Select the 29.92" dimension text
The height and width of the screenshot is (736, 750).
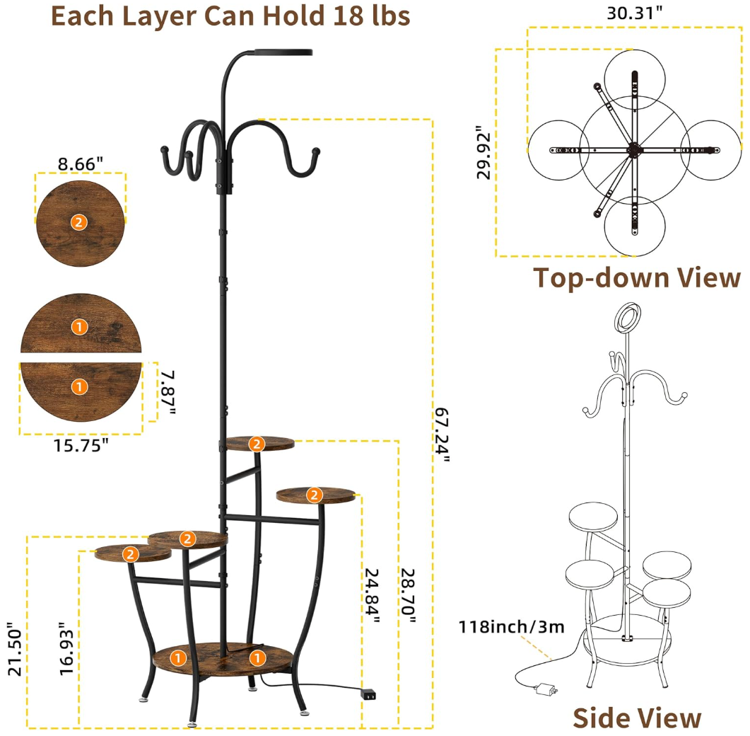click(484, 153)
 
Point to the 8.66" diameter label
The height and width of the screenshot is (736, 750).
click(81, 163)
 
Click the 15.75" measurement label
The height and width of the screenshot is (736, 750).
click(81, 445)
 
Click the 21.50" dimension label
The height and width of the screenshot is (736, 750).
click(14, 649)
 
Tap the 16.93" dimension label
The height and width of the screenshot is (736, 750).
click(66, 649)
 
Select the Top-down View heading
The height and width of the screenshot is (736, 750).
click(637, 278)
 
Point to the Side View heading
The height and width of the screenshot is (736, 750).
click(637, 717)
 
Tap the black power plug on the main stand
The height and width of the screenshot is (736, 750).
click(368, 695)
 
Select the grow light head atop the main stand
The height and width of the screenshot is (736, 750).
click(283, 52)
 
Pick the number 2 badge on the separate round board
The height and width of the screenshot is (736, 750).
click(79, 222)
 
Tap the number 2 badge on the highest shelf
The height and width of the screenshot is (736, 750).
click(256, 444)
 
